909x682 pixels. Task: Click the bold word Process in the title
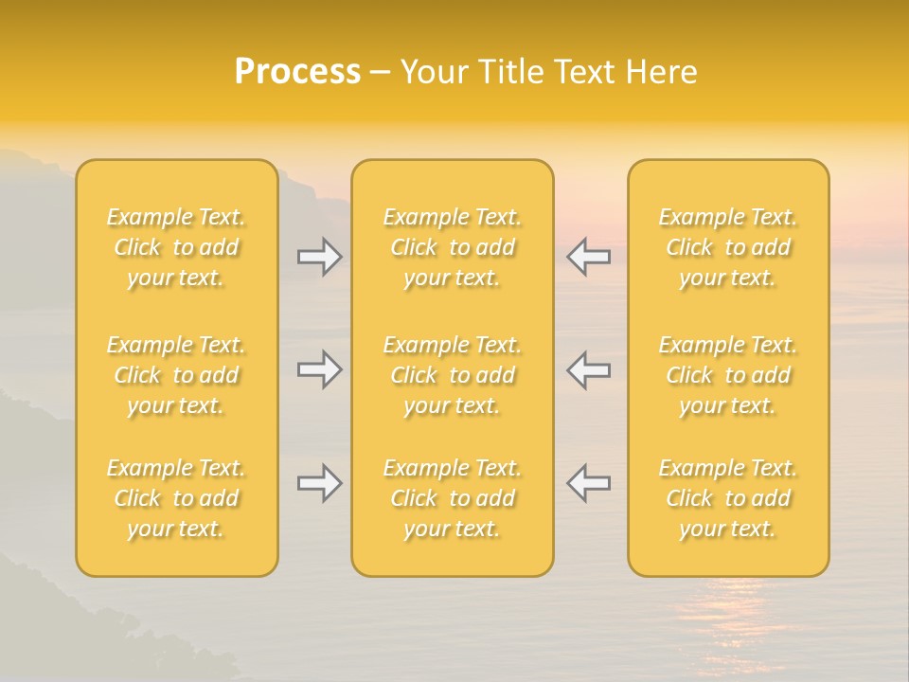(x=297, y=72)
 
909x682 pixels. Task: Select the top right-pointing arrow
(x=320, y=257)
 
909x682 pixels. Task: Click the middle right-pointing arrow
(x=320, y=369)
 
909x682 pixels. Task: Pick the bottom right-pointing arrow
(x=320, y=483)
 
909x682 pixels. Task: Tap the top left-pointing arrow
(x=589, y=257)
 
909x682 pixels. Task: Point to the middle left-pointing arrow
(x=589, y=369)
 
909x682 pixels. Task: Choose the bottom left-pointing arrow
(x=589, y=483)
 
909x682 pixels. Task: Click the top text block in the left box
(x=176, y=247)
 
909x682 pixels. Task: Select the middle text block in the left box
(x=176, y=375)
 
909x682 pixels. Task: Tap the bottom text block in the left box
(x=176, y=498)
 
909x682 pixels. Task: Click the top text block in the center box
(x=453, y=247)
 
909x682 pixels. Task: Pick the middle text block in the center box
(x=453, y=375)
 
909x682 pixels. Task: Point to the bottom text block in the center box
(x=453, y=498)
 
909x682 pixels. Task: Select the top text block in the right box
(x=728, y=247)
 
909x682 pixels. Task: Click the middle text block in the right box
(x=728, y=375)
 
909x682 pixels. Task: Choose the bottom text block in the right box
(x=728, y=498)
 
